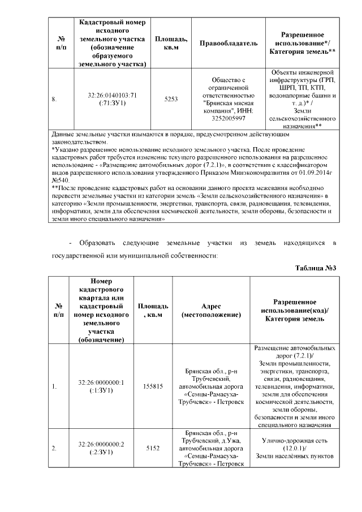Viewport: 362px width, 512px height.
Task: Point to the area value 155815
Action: point(154,386)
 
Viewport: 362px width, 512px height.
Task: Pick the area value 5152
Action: point(154,448)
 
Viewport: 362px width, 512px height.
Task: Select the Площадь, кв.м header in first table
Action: point(171,43)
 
